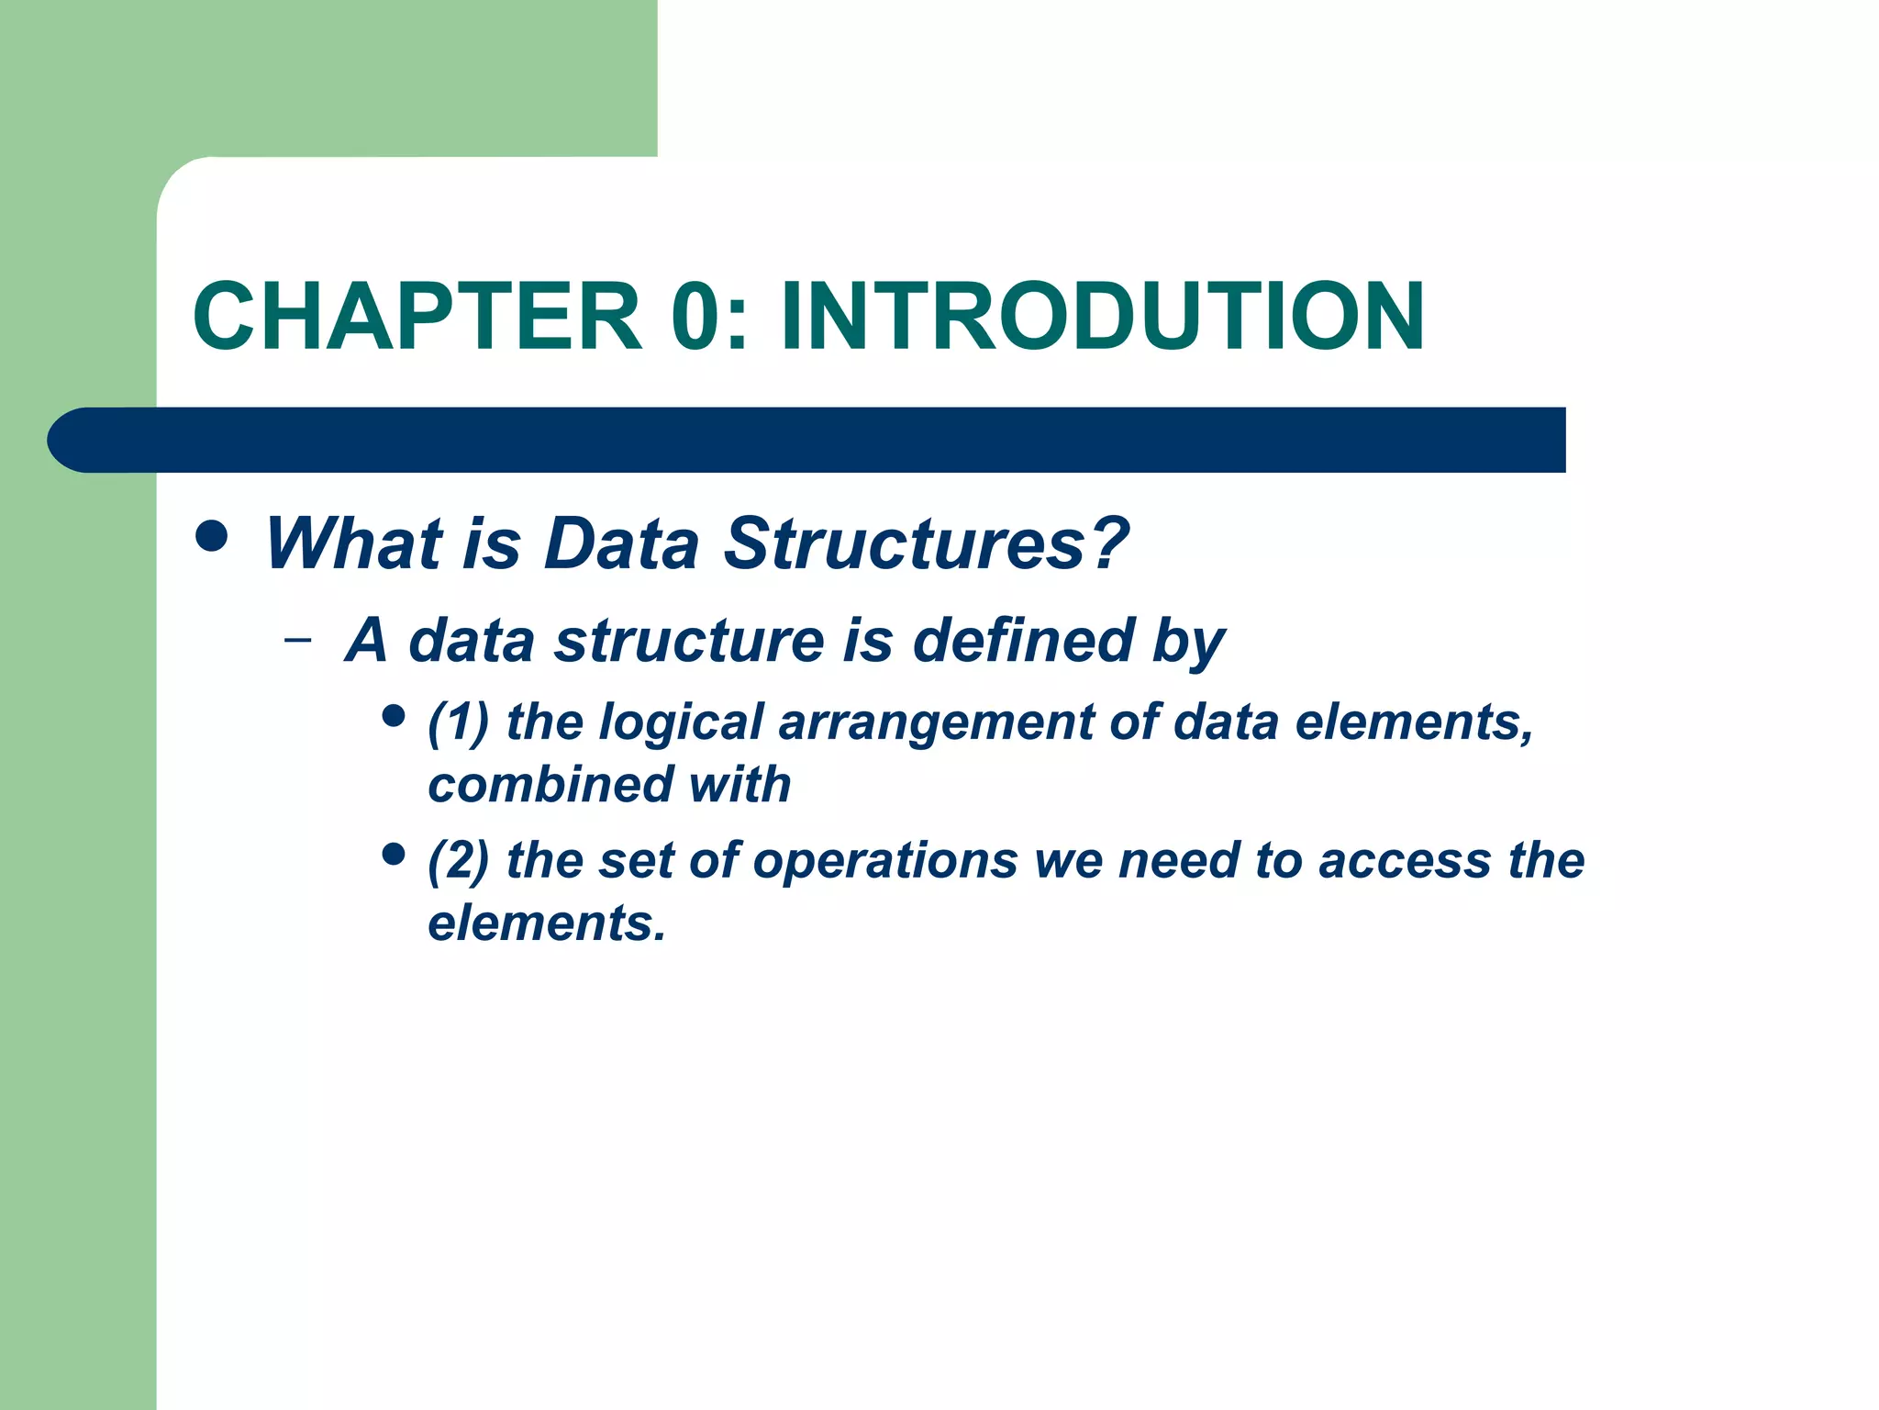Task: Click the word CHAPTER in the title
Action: click(x=417, y=317)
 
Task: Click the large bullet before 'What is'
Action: click(x=212, y=536)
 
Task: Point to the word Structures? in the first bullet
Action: click(x=927, y=543)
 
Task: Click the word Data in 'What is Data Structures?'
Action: click(x=621, y=543)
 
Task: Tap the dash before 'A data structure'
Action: click(x=297, y=639)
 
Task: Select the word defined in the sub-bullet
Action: click(x=1024, y=640)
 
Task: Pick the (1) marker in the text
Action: click(x=458, y=722)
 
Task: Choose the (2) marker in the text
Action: click(x=458, y=861)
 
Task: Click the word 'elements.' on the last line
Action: click(x=547, y=923)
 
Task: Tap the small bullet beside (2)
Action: click(x=394, y=855)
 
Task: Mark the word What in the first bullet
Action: click(x=353, y=543)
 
